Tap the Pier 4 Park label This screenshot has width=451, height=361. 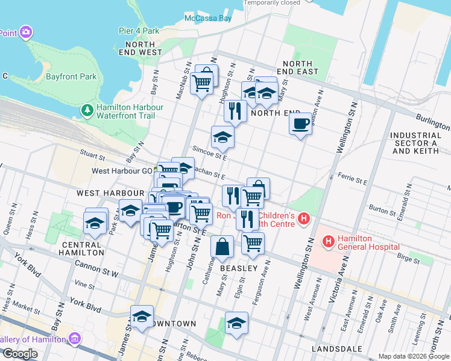click(x=139, y=31)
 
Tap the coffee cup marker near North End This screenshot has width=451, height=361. click(x=300, y=124)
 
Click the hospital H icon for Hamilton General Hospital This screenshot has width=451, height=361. click(x=329, y=242)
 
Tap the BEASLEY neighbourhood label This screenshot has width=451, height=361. click(x=238, y=268)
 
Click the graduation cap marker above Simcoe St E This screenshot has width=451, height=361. click(x=222, y=137)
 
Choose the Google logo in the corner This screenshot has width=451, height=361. click(x=20, y=354)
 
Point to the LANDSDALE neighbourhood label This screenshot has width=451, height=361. click(x=336, y=349)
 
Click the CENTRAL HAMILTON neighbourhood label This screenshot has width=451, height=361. click(x=81, y=249)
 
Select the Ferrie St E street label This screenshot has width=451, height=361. click(x=353, y=180)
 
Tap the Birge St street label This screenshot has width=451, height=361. click(x=408, y=259)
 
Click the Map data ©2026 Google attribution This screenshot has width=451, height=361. click(x=413, y=356)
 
